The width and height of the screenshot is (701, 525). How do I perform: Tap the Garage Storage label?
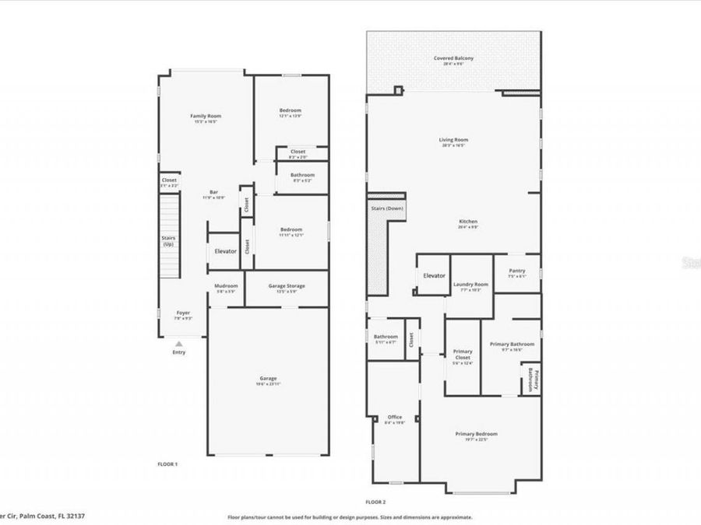[x=287, y=285]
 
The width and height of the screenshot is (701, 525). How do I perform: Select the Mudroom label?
[x=226, y=285]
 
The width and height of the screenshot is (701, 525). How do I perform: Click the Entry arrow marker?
[x=179, y=343]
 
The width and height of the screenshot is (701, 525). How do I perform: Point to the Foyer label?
[x=183, y=313]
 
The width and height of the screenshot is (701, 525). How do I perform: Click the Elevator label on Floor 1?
[x=226, y=251]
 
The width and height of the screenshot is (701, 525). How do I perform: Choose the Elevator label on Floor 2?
[x=434, y=275]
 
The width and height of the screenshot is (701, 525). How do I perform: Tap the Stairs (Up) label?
[x=167, y=241]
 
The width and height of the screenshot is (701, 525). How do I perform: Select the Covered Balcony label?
[x=453, y=58]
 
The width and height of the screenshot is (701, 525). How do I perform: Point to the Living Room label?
[x=453, y=140]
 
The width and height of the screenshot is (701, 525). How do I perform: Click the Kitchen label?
[x=468, y=222]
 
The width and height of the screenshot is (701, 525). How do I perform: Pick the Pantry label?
[x=517, y=271]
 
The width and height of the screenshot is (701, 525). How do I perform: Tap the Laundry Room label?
[x=470, y=285]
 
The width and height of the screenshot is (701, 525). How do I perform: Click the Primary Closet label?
[x=463, y=355]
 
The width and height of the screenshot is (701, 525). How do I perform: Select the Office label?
[x=394, y=417]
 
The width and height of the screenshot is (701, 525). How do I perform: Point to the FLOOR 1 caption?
[x=167, y=464]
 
